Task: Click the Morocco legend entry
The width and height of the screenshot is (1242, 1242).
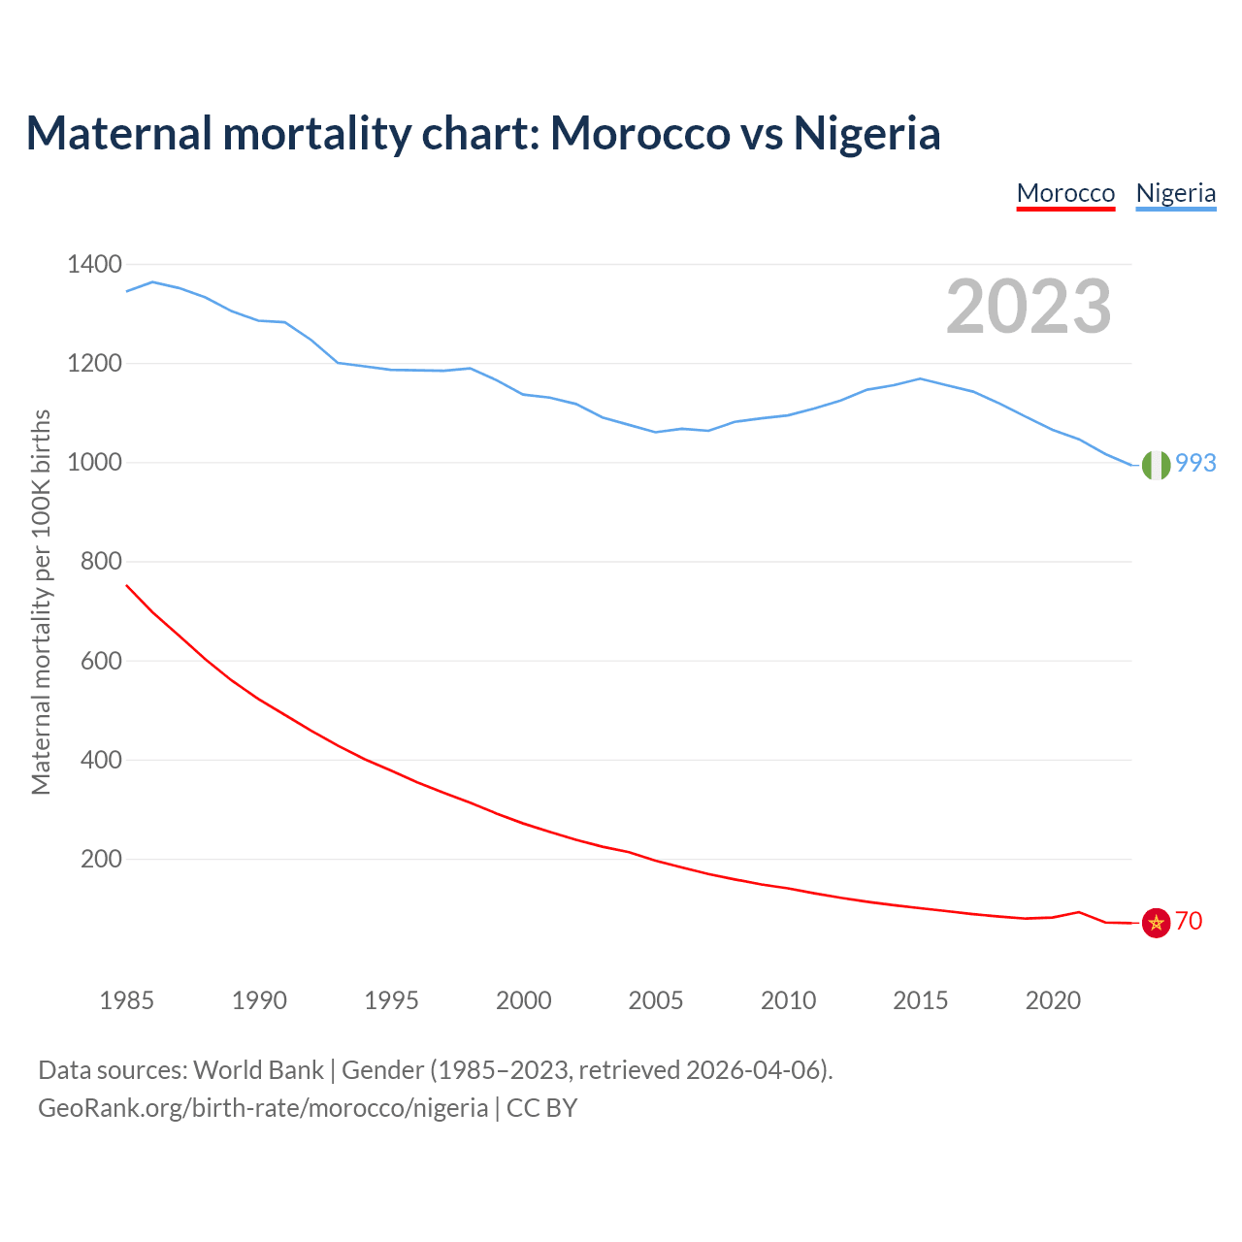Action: pyautogui.click(x=1065, y=193)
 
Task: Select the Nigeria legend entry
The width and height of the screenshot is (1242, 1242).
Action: pyautogui.click(x=1175, y=193)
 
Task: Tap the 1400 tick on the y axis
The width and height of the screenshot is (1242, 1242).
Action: pyautogui.click(x=94, y=264)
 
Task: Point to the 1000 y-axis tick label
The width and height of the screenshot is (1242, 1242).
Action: pyautogui.click(x=94, y=463)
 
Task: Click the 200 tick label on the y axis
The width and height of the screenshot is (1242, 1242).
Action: pyautogui.click(x=101, y=859)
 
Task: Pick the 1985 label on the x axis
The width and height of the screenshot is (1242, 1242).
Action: pyautogui.click(x=126, y=1000)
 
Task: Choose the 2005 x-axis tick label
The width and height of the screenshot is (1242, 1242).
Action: pyautogui.click(x=656, y=1000)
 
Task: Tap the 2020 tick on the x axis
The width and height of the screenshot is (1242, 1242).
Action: pyautogui.click(x=1053, y=1000)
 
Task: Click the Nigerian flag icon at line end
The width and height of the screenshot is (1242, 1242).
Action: pyautogui.click(x=1156, y=466)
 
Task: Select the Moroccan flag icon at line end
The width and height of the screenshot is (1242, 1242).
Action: pyautogui.click(x=1156, y=923)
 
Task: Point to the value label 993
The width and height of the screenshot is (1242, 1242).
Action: pyautogui.click(x=1195, y=463)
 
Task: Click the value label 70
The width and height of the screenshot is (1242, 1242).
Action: pyautogui.click(x=1189, y=921)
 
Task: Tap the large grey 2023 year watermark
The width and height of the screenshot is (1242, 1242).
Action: pyautogui.click(x=1029, y=307)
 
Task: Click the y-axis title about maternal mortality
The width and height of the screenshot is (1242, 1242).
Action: pyautogui.click(x=41, y=602)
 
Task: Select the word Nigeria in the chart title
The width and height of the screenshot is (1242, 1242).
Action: pyautogui.click(x=866, y=133)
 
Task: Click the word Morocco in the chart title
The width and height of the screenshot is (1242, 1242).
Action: pyautogui.click(x=640, y=133)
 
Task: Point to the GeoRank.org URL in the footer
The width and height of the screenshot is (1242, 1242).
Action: pyautogui.click(x=263, y=1107)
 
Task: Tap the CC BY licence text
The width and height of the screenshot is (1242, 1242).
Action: pyautogui.click(x=542, y=1107)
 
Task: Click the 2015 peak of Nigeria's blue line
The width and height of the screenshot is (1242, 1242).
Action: pyautogui.click(x=920, y=378)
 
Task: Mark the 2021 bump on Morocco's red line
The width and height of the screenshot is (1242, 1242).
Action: pyautogui.click(x=1079, y=912)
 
